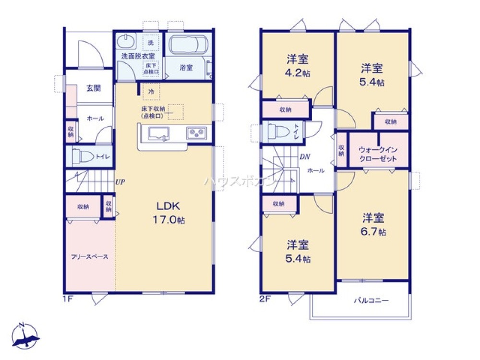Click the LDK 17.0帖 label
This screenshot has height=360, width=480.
click(x=167, y=213)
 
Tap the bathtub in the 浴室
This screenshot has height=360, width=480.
click(x=188, y=46)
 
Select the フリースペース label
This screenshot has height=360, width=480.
click(x=90, y=256)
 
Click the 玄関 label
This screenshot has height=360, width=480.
click(x=93, y=88)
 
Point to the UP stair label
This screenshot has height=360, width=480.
click(x=120, y=182)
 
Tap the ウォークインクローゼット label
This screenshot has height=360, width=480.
click(x=378, y=154)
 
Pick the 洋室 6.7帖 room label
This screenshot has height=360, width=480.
click(x=373, y=225)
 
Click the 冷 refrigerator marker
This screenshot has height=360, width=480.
click(x=151, y=91)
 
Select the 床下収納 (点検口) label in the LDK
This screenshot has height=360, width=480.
click(x=153, y=112)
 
